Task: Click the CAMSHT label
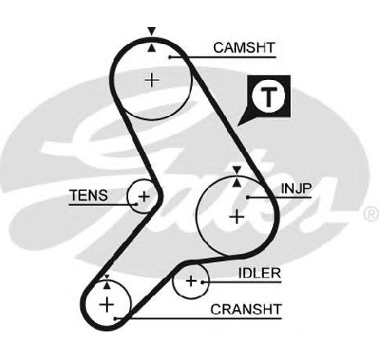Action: (x=244, y=48)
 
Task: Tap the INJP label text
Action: (x=297, y=189)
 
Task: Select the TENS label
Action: (x=89, y=195)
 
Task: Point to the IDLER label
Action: (x=260, y=273)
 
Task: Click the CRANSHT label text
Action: (x=246, y=309)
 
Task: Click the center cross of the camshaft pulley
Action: (x=152, y=80)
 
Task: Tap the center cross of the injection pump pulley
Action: (x=237, y=217)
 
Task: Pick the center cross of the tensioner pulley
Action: (x=144, y=196)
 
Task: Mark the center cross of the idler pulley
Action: (x=191, y=281)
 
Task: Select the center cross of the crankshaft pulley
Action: (x=107, y=304)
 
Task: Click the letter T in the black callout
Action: (x=269, y=97)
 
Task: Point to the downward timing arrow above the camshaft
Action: (x=152, y=31)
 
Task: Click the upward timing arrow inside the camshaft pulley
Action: (x=152, y=48)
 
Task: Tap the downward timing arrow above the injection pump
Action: (x=237, y=171)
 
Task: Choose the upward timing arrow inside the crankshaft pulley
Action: (x=107, y=285)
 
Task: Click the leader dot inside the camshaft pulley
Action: (x=169, y=57)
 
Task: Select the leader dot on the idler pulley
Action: (x=203, y=282)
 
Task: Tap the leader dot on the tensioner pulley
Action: (x=136, y=204)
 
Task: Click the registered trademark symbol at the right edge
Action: (x=371, y=214)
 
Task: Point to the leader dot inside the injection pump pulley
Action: (x=247, y=197)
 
